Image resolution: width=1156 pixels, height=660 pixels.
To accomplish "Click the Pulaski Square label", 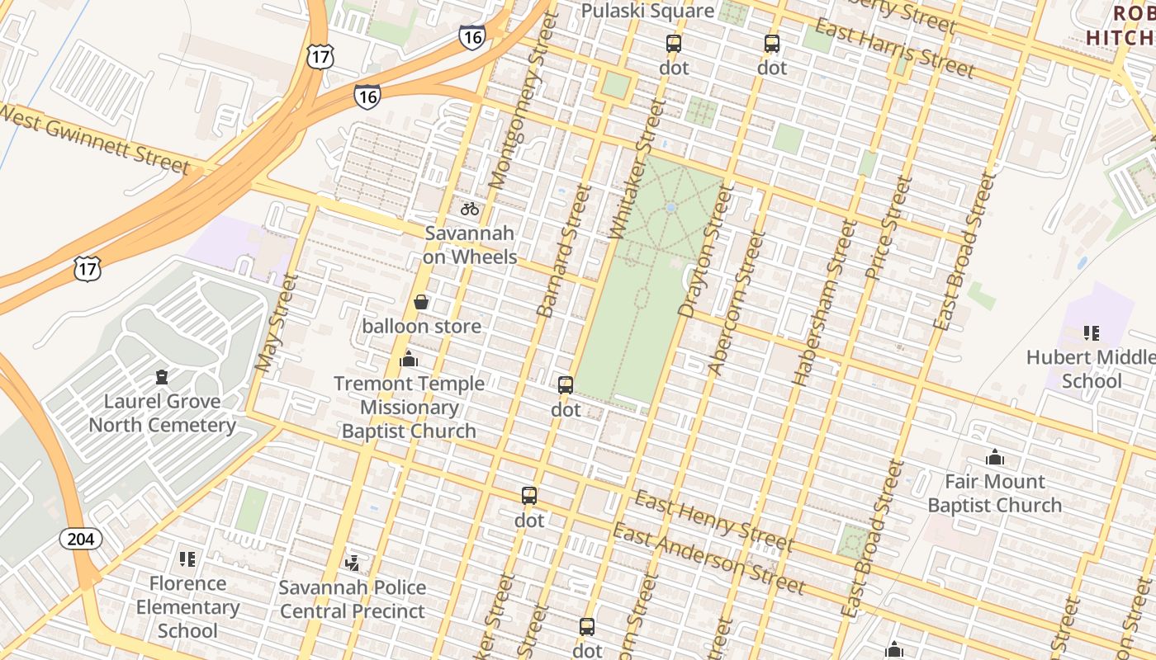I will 647,11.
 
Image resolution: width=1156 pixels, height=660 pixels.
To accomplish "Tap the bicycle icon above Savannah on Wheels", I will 470,209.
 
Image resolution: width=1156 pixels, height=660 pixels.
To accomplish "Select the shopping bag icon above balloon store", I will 421,302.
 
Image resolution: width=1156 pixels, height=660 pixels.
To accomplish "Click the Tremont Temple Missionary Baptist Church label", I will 409,408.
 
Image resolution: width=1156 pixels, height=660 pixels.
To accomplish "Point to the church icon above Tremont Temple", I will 408,359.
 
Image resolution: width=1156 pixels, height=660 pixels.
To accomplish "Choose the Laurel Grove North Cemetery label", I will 163,413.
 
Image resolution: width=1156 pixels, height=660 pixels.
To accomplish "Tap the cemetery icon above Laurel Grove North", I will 162,377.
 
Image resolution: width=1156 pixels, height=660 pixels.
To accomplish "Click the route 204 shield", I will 81,540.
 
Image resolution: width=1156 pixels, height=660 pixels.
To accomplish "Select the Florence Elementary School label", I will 187,607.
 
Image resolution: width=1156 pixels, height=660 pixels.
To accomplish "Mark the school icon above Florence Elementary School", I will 187,559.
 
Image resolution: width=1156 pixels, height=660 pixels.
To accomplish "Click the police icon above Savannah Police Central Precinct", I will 353,563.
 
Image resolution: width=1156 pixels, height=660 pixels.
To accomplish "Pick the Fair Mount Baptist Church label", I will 994,493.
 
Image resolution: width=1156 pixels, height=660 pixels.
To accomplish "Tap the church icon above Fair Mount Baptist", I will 994,457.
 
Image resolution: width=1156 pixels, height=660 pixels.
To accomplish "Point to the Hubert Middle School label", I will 1091,369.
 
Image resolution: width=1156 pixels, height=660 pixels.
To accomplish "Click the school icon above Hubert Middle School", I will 1091,333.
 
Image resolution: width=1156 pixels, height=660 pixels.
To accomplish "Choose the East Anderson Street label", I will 708,559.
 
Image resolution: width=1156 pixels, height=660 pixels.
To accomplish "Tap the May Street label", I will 276,323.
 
